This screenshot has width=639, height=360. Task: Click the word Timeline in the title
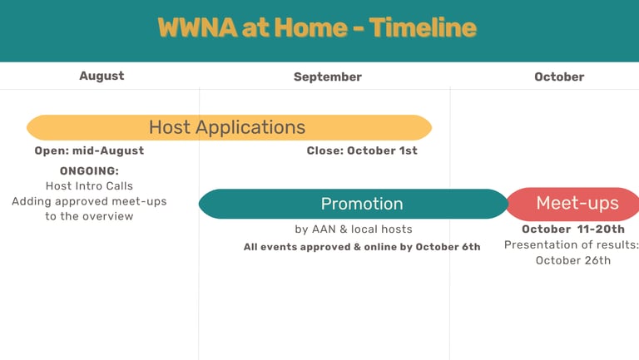click(x=423, y=27)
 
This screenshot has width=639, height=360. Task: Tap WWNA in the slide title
click(x=198, y=27)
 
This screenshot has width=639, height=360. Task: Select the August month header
click(x=102, y=76)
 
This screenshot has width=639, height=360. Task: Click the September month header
click(x=328, y=77)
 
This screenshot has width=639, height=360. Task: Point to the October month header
click(x=559, y=77)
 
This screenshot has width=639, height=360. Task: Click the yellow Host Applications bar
click(x=229, y=127)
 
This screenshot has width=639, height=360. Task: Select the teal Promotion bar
click(x=354, y=204)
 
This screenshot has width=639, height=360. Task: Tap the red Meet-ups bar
click(x=573, y=204)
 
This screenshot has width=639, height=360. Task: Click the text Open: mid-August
click(x=89, y=150)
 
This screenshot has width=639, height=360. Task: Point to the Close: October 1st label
click(x=362, y=150)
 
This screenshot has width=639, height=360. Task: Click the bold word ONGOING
click(x=89, y=171)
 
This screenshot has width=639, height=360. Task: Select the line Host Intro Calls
click(x=89, y=186)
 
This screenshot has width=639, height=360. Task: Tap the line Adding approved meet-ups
click(x=89, y=201)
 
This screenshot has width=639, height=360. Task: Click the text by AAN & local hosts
click(x=354, y=229)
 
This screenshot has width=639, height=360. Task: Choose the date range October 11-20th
click(x=573, y=229)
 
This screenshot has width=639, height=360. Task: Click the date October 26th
click(x=573, y=260)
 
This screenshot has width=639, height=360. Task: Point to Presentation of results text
click(x=572, y=244)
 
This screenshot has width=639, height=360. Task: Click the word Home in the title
click(x=310, y=27)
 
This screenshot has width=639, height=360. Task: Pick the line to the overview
click(x=89, y=216)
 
